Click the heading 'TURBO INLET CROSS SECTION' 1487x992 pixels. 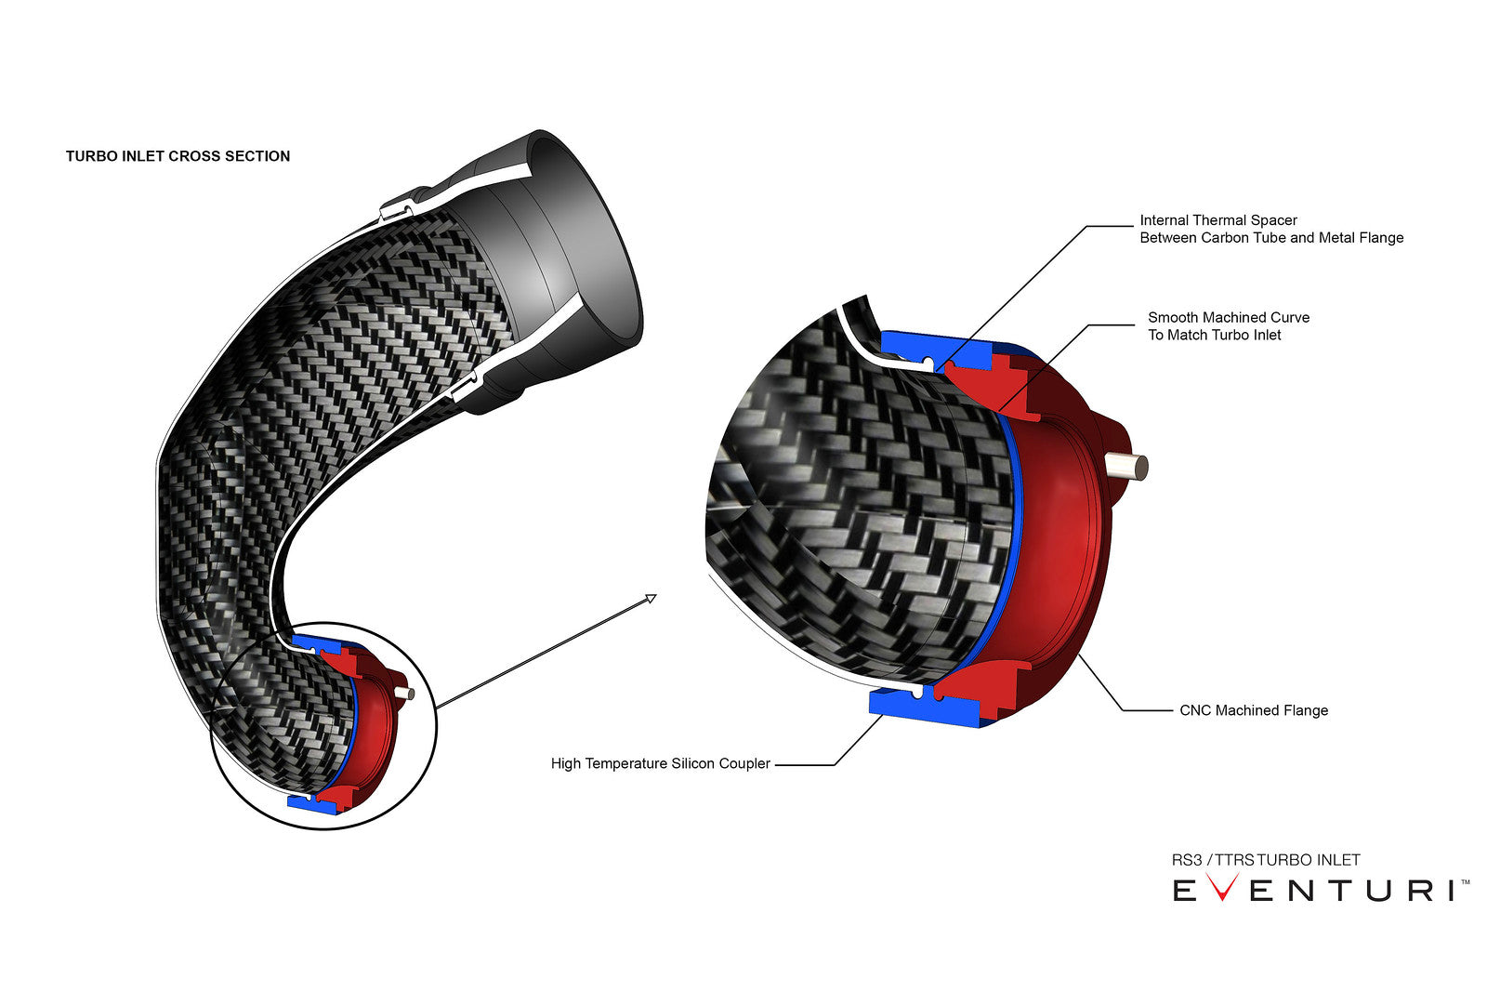coord(178,156)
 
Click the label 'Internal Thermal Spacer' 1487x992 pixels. coord(1217,220)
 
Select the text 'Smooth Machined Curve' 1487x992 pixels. coord(1228,317)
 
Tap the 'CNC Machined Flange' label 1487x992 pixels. coord(1253,710)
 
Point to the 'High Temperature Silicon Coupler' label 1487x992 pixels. coord(660,763)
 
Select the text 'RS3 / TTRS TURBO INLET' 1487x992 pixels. coord(1265,860)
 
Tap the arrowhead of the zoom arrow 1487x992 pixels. coord(651,599)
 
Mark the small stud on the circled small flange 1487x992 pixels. coord(406,693)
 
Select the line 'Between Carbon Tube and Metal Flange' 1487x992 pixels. coord(1270,238)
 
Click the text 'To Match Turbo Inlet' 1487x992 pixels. coord(1214,335)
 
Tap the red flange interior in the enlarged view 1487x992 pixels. coord(1059,539)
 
